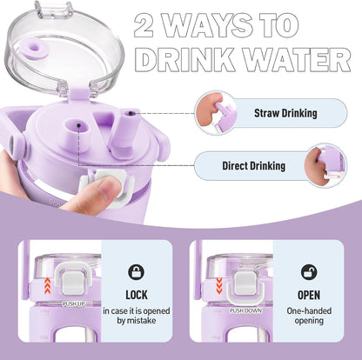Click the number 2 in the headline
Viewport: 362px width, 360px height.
click(144, 25)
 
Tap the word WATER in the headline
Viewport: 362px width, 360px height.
click(297, 60)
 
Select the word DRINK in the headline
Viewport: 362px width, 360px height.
click(185, 60)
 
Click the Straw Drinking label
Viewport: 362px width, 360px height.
click(285, 113)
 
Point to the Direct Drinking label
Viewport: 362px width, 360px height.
click(254, 166)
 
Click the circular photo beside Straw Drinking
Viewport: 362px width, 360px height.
click(216, 113)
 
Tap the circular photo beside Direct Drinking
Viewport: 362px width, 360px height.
click(325, 166)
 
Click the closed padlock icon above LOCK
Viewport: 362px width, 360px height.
click(137, 272)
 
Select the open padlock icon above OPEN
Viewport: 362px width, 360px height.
click(309, 272)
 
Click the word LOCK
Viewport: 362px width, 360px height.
click(137, 295)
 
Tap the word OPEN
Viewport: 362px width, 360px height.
click(309, 295)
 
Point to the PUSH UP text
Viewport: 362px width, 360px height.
click(73, 304)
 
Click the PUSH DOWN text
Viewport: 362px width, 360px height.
click(245, 310)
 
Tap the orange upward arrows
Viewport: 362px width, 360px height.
click(48, 285)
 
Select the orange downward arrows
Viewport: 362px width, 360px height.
click(219, 285)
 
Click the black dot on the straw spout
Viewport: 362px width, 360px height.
click(131, 113)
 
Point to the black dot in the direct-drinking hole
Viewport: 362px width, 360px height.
click(78, 125)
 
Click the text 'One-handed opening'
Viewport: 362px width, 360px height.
click(309, 316)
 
